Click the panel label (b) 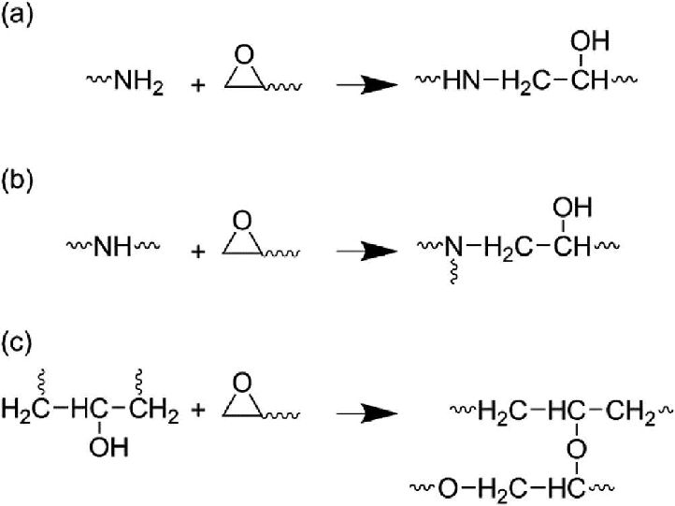coord(17,180)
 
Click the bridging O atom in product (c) coord(577,450)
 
